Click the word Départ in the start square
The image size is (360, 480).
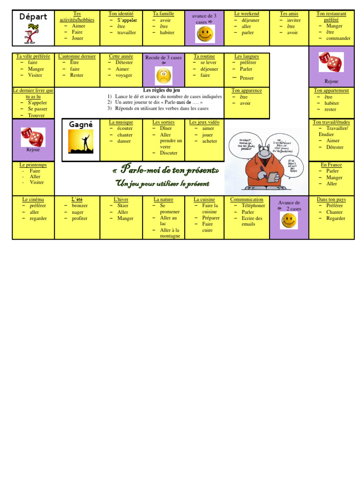33,17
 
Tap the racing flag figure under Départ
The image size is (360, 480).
31,34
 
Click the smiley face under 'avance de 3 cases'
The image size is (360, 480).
205,34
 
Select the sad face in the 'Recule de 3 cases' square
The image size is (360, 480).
164,75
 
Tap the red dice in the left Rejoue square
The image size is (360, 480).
33,137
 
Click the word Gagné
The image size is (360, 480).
81,124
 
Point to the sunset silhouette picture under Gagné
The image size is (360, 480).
81,142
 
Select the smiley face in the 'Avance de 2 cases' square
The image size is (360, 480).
289,220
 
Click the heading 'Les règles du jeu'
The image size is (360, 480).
161,90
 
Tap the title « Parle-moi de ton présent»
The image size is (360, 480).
166,169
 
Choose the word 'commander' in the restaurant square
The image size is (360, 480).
338,38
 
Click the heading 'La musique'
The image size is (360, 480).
121,122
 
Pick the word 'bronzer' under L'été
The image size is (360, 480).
80,206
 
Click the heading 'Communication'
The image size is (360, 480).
247,199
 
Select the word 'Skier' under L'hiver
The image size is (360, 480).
123,206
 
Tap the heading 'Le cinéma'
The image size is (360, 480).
33,199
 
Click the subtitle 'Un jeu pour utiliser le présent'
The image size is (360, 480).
162,184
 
